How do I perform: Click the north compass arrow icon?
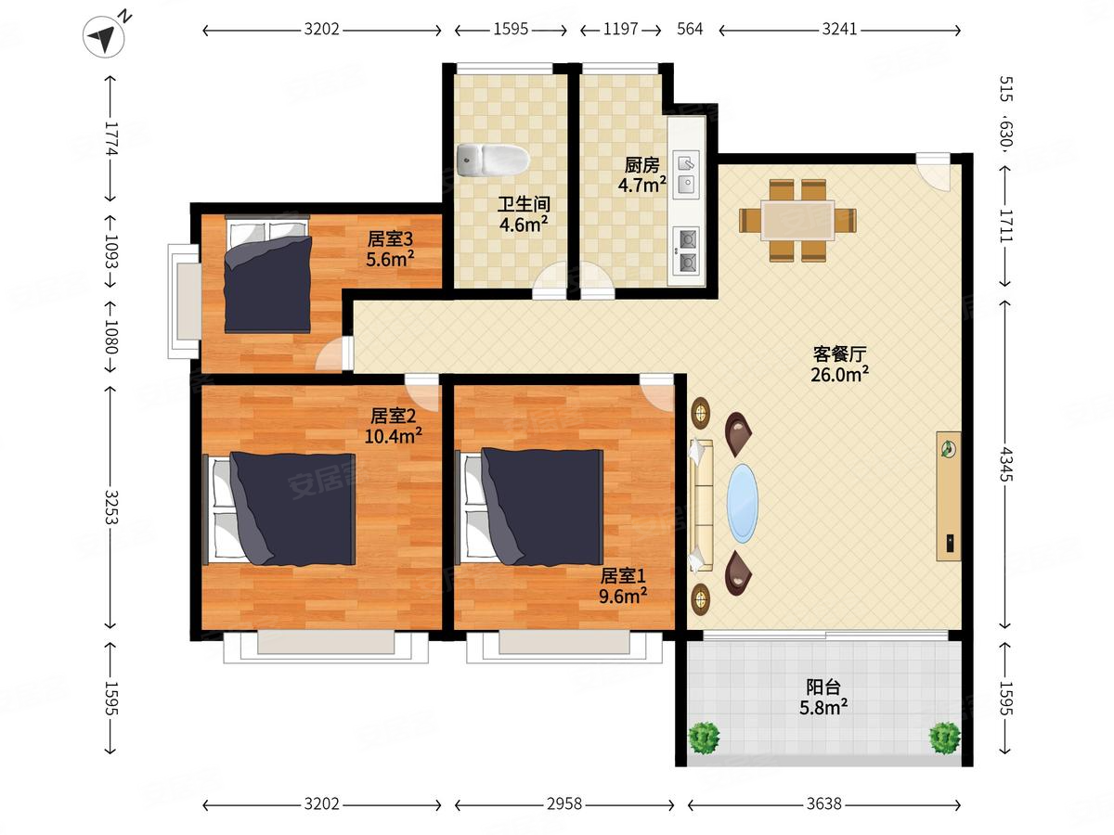(x=104, y=36)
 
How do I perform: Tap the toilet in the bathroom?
(x=493, y=160)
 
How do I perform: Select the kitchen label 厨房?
(x=641, y=165)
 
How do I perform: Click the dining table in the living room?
(x=797, y=221)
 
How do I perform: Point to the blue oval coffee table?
(x=743, y=504)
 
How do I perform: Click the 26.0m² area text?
(x=839, y=375)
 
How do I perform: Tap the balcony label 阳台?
(x=823, y=687)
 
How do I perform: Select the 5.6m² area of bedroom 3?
(x=390, y=259)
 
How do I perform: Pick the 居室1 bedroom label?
(x=623, y=576)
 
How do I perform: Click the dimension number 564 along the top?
(x=690, y=29)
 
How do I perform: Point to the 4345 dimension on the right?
(x=1006, y=463)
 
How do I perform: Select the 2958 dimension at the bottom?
(x=563, y=803)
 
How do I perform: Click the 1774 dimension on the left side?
(x=111, y=138)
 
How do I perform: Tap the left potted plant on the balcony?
(x=704, y=738)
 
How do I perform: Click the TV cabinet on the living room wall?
(x=949, y=495)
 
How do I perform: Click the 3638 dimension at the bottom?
(x=824, y=803)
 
